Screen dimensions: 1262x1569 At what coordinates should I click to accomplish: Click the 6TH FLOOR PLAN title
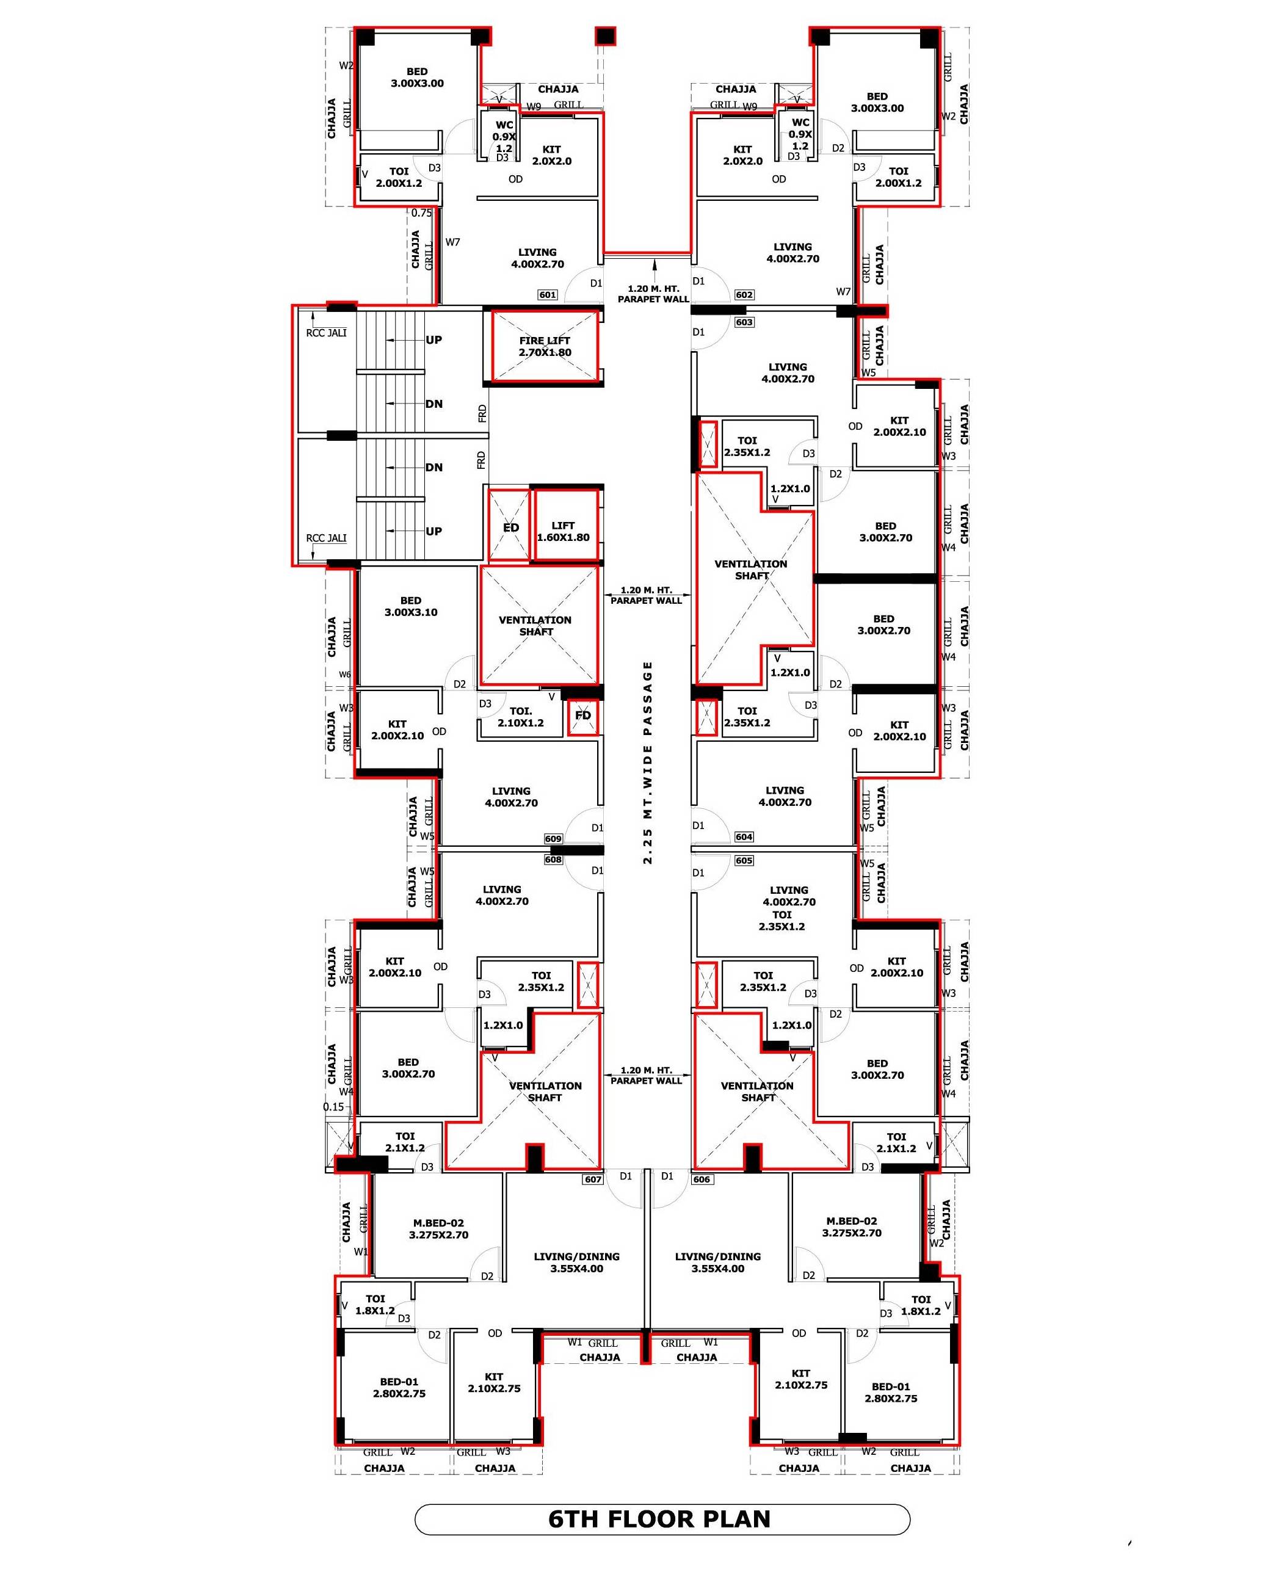pyautogui.click(x=659, y=1519)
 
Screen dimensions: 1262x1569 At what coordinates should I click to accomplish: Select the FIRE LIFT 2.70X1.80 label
pyautogui.click(x=545, y=346)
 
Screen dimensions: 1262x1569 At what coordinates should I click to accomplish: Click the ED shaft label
pyautogui.click(x=511, y=527)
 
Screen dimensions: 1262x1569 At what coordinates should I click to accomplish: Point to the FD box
pyautogui.click(x=583, y=717)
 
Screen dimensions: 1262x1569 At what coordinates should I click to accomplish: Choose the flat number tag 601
pyautogui.click(x=547, y=295)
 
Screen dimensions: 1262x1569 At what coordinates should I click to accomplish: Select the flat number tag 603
pyautogui.click(x=744, y=322)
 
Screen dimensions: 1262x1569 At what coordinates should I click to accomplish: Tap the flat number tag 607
pyautogui.click(x=593, y=1179)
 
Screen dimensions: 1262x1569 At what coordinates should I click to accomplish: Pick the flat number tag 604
pyautogui.click(x=744, y=837)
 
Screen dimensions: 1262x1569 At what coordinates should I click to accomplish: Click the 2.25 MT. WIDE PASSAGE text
pyautogui.click(x=648, y=763)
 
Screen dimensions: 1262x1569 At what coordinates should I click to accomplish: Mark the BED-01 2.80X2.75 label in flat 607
pyautogui.click(x=399, y=1388)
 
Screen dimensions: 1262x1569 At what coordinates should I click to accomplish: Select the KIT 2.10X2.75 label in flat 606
pyautogui.click(x=800, y=1379)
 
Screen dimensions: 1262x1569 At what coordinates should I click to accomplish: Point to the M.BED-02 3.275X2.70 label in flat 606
pyautogui.click(x=852, y=1227)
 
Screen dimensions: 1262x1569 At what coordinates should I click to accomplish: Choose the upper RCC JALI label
pyautogui.click(x=326, y=333)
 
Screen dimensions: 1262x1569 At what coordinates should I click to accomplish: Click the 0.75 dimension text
pyautogui.click(x=421, y=213)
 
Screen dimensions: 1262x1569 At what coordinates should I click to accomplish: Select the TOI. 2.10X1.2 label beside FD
pyautogui.click(x=520, y=717)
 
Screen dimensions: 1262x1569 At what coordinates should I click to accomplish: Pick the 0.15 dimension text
pyautogui.click(x=333, y=1107)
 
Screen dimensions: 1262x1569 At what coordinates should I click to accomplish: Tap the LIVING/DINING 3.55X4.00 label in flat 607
pyautogui.click(x=576, y=1263)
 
